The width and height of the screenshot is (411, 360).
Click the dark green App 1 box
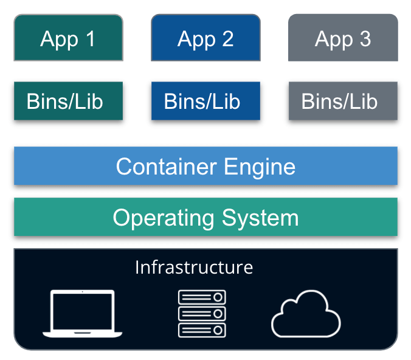pyautogui.click(x=68, y=38)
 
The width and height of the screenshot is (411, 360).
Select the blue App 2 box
pyautogui.click(x=206, y=38)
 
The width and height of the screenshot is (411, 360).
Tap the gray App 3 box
pyautogui.click(x=343, y=38)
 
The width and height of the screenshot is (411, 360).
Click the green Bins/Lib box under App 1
pyautogui.click(x=68, y=101)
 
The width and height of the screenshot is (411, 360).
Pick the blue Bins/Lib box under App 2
pyautogui.click(x=206, y=101)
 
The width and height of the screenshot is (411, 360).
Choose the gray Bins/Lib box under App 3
pyautogui.click(x=343, y=101)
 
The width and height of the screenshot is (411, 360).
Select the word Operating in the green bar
pyautogui.click(x=162, y=218)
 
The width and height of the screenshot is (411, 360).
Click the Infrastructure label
pyautogui.click(x=193, y=267)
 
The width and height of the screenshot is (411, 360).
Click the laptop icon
pyautogui.click(x=83, y=313)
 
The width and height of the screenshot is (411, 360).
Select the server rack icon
pyautogui.click(x=202, y=313)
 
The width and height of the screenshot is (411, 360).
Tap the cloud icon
pyautogui.click(x=306, y=313)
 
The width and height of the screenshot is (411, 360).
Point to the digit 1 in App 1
pyautogui.click(x=90, y=38)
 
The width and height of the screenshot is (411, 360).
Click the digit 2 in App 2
pyautogui.click(x=227, y=38)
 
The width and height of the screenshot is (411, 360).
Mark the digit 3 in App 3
pyautogui.click(x=365, y=38)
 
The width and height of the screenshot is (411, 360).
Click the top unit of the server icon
pyautogui.click(x=202, y=297)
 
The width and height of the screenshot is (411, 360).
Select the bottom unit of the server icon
pyautogui.click(x=202, y=330)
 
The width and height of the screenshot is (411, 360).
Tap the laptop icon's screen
pyautogui.click(x=83, y=310)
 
